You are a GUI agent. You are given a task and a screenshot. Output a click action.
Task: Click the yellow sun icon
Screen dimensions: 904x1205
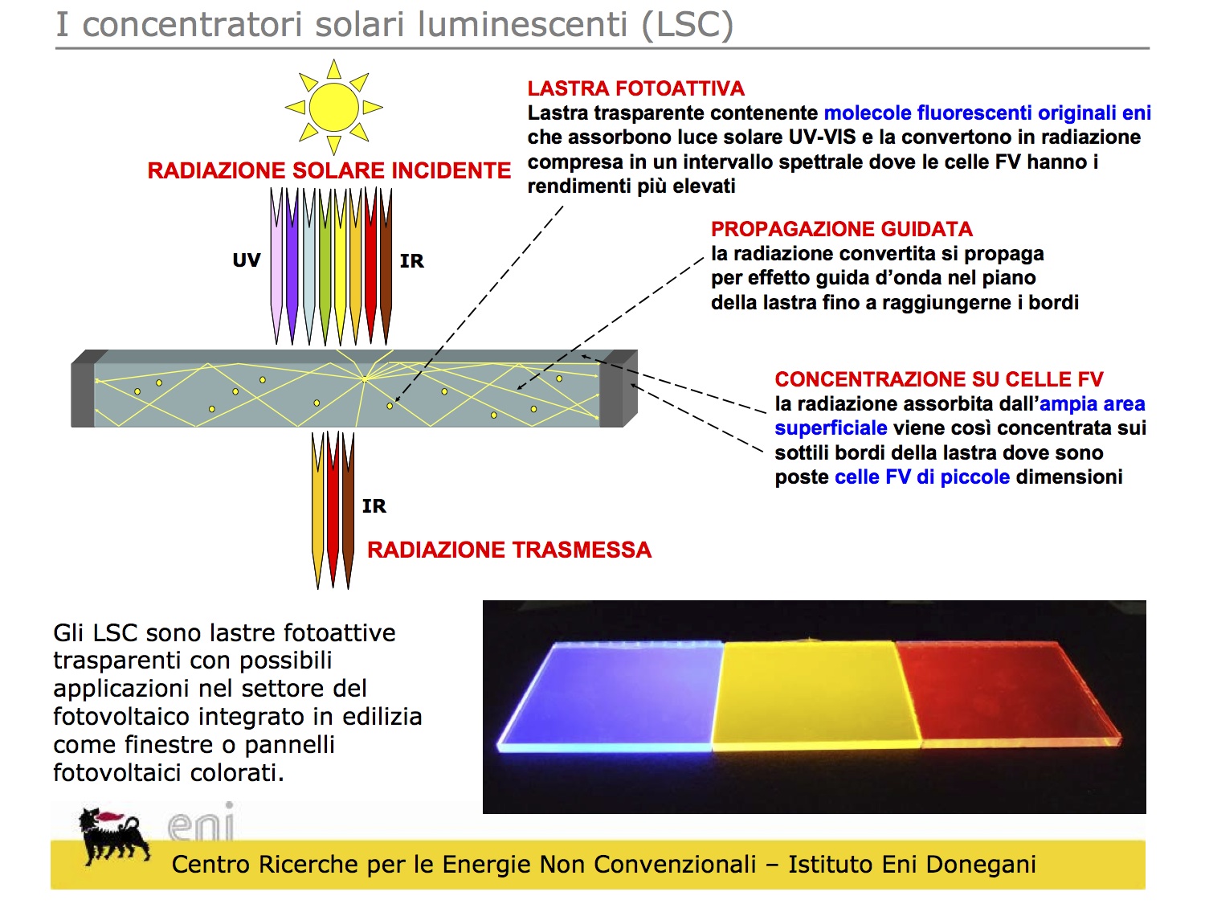point(333,106)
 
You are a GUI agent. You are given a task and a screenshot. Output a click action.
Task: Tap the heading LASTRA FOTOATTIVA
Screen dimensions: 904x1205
point(635,88)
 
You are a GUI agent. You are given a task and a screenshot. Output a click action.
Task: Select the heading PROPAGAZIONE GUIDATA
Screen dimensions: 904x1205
point(841,229)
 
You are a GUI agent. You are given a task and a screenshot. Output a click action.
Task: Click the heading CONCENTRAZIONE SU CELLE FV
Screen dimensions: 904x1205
point(938,379)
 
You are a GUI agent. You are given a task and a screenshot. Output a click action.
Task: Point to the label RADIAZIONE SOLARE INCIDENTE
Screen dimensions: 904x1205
point(329,170)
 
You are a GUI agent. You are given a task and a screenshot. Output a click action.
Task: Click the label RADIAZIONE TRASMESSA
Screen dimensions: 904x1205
point(509,550)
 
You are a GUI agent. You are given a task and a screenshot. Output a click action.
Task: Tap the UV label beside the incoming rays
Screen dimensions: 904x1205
point(247,260)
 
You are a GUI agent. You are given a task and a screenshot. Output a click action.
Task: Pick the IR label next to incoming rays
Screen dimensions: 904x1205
point(411,261)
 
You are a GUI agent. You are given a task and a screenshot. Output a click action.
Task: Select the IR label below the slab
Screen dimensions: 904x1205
point(374,506)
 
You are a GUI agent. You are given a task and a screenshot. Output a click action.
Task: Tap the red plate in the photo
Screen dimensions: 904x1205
point(1008,691)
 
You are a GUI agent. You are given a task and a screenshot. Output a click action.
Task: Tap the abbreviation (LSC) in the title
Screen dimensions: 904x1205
point(687,24)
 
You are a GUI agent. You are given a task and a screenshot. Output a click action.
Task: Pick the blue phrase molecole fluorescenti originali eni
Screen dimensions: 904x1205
point(987,113)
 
